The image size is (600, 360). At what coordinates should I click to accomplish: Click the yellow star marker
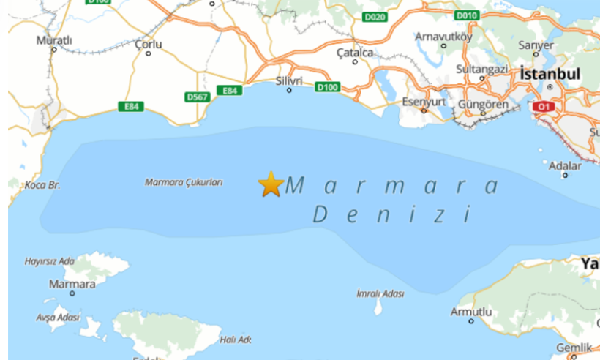pyautogui.click(x=271, y=184)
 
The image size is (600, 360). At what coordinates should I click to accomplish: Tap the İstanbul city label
pyautogui.click(x=550, y=74)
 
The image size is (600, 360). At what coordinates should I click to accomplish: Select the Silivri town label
pyautogui.click(x=290, y=80)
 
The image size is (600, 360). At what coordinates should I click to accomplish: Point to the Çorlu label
pyautogui.click(x=149, y=44)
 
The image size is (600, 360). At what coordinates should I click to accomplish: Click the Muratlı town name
pyautogui.click(x=55, y=40)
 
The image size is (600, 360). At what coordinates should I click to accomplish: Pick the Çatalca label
pyautogui.click(x=355, y=53)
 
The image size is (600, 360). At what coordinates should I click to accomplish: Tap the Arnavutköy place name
pyautogui.click(x=443, y=37)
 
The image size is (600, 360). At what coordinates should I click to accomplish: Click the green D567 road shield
pyautogui.click(x=197, y=97)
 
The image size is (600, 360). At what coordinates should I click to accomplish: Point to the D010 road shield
pyautogui.click(x=465, y=15)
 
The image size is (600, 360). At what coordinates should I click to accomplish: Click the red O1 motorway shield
pyautogui.click(x=543, y=107)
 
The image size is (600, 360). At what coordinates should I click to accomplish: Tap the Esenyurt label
pyautogui.click(x=424, y=102)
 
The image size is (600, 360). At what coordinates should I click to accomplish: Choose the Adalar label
pyautogui.click(x=565, y=165)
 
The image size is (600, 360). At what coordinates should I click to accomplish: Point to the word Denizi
pyautogui.click(x=389, y=215)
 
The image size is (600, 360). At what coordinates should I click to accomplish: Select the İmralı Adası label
pyautogui.click(x=380, y=293)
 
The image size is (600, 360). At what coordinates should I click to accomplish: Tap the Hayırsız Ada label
pyautogui.click(x=50, y=261)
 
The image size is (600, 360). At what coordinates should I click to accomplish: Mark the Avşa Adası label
pyautogui.click(x=59, y=318)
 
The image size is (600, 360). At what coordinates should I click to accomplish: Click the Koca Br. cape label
pyautogui.click(x=42, y=186)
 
